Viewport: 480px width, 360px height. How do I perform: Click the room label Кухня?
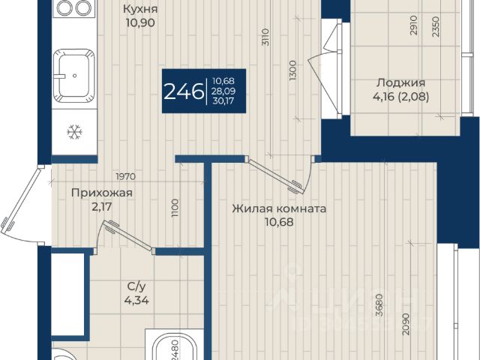pyautogui.click(x=140, y=9)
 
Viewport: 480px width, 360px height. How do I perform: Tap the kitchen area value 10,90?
pyautogui.click(x=140, y=22)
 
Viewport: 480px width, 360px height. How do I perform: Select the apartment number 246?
pyautogui.click(x=184, y=91)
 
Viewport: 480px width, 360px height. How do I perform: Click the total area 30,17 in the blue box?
pyautogui.click(x=223, y=100)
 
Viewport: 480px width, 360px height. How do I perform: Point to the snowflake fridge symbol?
pyautogui.click(x=75, y=132)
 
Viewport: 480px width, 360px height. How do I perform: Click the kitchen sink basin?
pyautogui.click(x=74, y=76)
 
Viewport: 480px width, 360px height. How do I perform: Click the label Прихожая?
pyautogui.click(x=102, y=193)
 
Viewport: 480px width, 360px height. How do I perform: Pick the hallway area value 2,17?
pyautogui.click(x=102, y=207)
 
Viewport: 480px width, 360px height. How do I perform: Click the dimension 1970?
pyautogui.click(x=125, y=177)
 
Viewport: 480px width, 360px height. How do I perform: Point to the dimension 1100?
pyautogui.click(x=175, y=208)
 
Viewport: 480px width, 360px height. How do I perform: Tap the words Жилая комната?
pyautogui.click(x=279, y=208)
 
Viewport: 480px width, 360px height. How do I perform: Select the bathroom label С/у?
pyautogui.click(x=136, y=286)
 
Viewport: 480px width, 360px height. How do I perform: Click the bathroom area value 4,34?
pyautogui.click(x=136, y=300)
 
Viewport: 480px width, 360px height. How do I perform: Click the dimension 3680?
pyautogui.click(x=379, y=305)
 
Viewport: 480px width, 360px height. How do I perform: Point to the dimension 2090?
pyautogui.click(x=406, y=324)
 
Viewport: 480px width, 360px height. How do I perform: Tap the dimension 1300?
pyautogui.click(x=293, y=70)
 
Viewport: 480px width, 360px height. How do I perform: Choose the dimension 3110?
pyautogui.click(x=265, y=37)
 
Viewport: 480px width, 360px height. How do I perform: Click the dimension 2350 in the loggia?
pyautogui.click(x=436, y=27)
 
